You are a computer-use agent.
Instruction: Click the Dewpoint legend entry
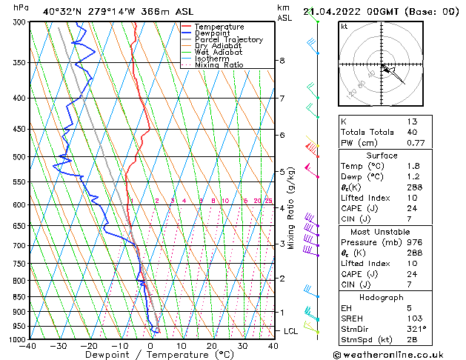click(212, 33)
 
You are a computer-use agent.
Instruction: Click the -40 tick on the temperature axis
click(29, 346)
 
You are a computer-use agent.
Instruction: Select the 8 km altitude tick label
click(282, 61)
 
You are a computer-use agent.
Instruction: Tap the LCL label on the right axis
click(291, 330)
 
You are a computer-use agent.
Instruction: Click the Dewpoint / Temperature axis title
click(150, 355)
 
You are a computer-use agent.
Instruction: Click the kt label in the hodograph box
click(344, 27)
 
